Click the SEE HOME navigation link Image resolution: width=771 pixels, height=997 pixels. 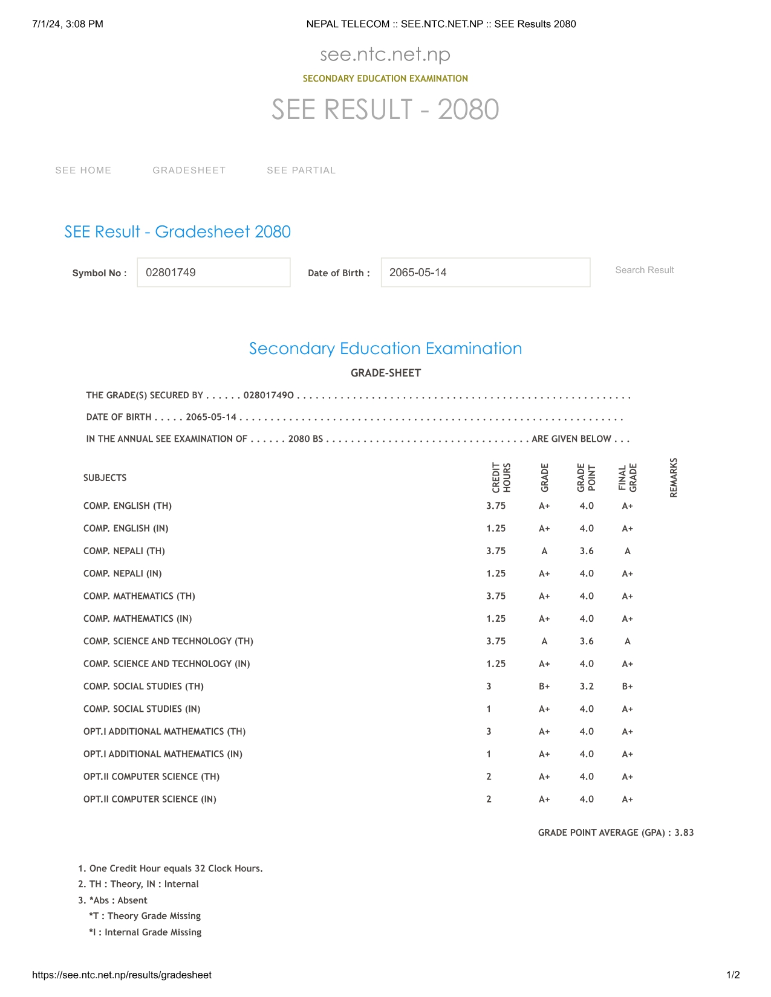point(83,170)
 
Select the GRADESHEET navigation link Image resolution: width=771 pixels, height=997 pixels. point(189,170)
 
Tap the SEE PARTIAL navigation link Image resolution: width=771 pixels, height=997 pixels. point(301,170)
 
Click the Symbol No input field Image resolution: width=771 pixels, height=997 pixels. point(213,273)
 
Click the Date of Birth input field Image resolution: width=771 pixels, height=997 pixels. point(485,273)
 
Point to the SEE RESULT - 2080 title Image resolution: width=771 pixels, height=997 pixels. point(385,109)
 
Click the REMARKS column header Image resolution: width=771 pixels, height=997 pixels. point(674,478)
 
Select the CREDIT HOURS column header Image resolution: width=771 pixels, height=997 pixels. point(501,478)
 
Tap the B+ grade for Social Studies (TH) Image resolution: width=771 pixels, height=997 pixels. point(544,686)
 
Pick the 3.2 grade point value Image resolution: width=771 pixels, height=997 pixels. point(587,686)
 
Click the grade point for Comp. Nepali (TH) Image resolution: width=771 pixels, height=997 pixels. point(587,551)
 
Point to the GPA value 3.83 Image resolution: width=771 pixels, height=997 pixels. point(685,833)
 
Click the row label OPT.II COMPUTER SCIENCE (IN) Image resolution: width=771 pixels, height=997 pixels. point(150,799)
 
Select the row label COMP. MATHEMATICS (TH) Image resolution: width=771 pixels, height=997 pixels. point(139,596)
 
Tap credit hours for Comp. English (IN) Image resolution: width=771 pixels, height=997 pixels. point(496,529)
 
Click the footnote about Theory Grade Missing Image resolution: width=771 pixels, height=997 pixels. point(145,916)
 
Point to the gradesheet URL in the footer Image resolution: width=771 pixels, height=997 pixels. point(122,975)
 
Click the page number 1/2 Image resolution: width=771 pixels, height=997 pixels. point(733,975)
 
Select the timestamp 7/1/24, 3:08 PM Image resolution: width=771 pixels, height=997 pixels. point(68,24)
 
